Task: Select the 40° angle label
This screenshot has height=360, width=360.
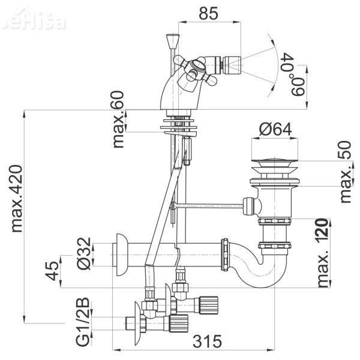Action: [x=287, y=64]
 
